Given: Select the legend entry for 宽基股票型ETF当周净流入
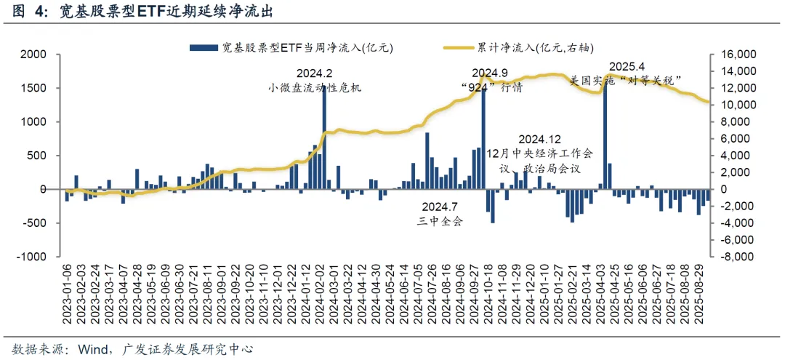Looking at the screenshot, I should (x=291, y=47).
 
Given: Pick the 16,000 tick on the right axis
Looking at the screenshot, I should (x=736, y=55).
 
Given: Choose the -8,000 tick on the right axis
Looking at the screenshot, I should (x=736, y=257).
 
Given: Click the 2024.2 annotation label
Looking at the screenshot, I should (x=314, y=73).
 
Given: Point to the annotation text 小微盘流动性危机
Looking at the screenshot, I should (x=314, y=88).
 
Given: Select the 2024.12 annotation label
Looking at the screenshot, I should (x=539, y=139).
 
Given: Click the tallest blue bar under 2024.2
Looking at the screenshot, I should (x=324, y=138).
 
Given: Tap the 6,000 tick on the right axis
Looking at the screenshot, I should (x=733, y=139).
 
